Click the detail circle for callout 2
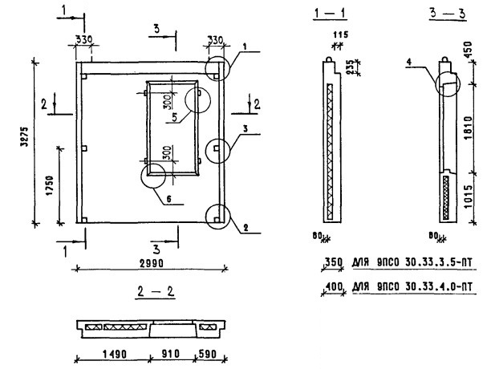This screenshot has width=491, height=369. point(216,215)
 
